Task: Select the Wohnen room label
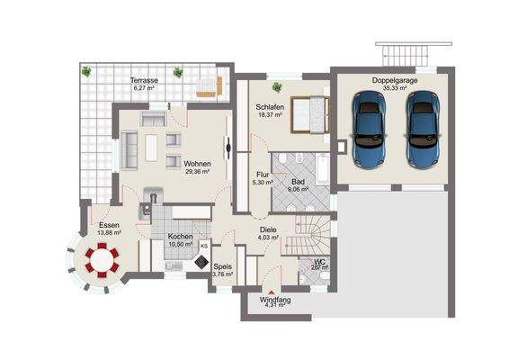197,164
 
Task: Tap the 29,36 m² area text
197,172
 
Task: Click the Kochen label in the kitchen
181,237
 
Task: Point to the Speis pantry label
222,266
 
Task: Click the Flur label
263,175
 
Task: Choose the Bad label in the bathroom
298,180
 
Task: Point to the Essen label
109,225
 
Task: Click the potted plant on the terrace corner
85,71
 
